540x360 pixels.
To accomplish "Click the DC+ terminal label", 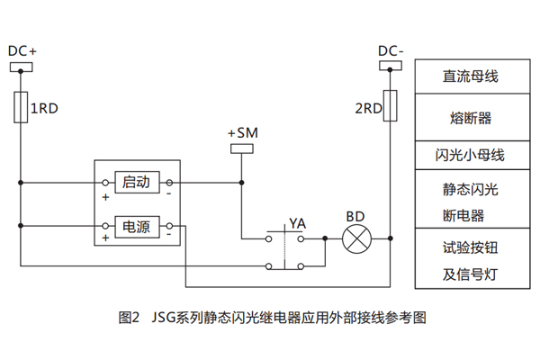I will (22, 51).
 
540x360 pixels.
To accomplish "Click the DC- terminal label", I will (391, 51).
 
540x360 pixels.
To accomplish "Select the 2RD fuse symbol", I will (391, 105).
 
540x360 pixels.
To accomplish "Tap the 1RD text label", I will (45, 109).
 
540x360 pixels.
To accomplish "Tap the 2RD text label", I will (368, 109).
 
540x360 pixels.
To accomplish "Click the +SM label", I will (242, 133).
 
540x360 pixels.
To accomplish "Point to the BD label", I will (355, 217).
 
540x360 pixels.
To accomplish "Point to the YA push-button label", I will (297, 221).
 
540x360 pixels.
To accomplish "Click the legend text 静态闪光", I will (470, 190).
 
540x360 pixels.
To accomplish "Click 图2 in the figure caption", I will (129, 318).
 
